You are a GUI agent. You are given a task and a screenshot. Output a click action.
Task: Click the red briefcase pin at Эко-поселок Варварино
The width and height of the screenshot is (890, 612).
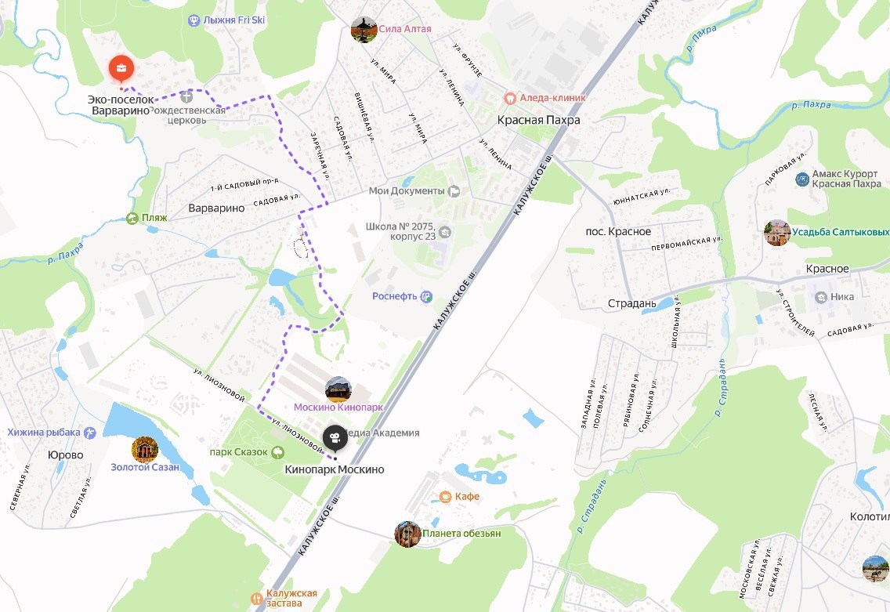pos(121,69)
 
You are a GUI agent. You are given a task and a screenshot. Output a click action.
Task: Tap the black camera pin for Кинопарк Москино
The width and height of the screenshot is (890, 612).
pos(335,437)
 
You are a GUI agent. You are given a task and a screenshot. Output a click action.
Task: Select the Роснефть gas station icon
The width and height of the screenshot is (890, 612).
pos(425,296)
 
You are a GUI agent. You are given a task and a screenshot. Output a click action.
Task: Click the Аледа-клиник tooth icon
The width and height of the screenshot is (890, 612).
pos(509,98)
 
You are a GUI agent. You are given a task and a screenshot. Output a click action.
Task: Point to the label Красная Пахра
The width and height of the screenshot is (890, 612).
pos(539,121)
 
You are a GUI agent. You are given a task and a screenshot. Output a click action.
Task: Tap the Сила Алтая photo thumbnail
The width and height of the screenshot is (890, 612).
pos(364,29)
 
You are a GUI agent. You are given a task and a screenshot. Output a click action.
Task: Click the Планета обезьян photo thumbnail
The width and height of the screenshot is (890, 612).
pos(407,534)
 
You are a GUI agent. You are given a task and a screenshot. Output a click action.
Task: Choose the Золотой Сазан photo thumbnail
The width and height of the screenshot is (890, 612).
pos(145,449)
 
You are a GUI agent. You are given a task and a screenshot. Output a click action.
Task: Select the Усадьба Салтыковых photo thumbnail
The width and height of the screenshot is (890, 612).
pos(776,233)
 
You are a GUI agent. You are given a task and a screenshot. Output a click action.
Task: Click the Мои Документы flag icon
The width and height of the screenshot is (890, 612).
pos(454,191)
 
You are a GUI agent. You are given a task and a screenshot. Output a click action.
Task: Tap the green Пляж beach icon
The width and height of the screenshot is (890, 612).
pos(132,218)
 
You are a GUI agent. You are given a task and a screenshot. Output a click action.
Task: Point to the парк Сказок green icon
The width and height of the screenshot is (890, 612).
pos(277,452)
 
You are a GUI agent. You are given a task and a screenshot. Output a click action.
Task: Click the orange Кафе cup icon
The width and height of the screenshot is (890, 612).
pos(445,496)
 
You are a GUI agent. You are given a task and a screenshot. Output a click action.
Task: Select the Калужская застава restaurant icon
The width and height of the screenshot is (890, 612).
pos(256,599)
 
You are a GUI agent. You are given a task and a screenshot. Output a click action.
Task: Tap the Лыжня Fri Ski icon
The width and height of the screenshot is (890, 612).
pos(194,20)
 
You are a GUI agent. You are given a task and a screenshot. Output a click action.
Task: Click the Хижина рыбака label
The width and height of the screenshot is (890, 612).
pos(43,433)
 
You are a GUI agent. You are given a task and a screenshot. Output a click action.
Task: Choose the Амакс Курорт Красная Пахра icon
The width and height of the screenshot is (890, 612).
pos(801,179)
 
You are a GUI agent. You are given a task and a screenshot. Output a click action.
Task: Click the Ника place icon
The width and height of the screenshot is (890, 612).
pos(820,297)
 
